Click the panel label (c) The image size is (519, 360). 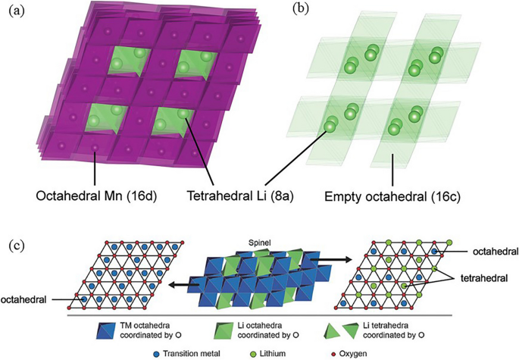15,246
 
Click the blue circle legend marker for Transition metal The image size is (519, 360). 156,352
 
